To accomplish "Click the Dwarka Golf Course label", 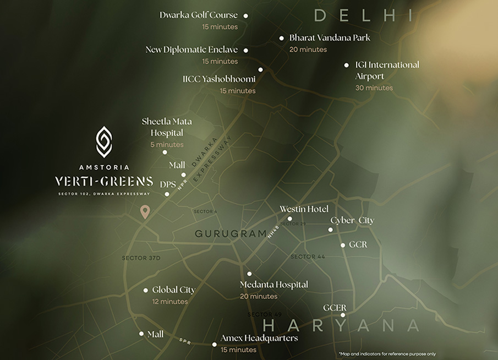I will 199,15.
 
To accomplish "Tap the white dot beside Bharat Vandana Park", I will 282,39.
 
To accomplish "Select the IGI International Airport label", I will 387,70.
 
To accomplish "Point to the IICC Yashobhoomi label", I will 219,79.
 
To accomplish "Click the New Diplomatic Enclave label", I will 191,50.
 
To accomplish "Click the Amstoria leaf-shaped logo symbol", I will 104,141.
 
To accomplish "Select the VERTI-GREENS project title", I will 104,181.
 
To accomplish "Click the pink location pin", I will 145,211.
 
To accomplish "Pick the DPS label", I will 168,184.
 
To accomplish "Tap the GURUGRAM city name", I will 231,234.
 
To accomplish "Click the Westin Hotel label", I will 304,209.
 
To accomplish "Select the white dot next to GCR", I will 343,245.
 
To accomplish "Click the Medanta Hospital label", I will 274,285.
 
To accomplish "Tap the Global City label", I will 173,290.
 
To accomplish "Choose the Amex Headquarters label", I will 259,338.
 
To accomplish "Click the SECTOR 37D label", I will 141,258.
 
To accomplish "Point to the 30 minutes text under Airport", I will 374,88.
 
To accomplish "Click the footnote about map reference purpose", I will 387,354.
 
